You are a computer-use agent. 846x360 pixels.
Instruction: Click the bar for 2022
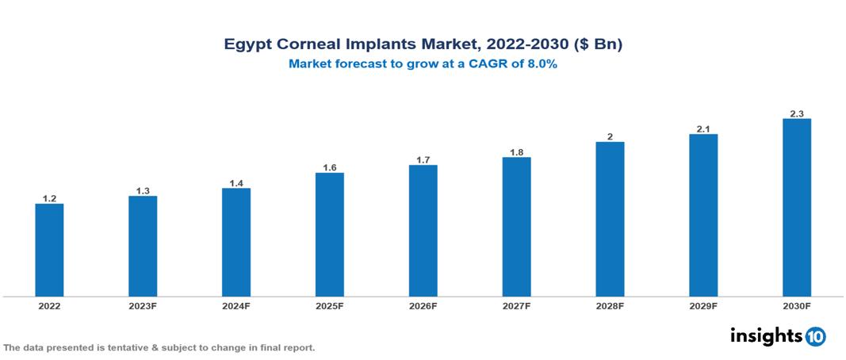click(49, 250)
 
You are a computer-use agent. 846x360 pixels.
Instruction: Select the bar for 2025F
click(329, 235)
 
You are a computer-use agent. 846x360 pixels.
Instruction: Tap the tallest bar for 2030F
click(796, 208)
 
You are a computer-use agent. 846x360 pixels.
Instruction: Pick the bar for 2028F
click(610, 220)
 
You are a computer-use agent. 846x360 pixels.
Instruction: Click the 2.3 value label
click(797, 113)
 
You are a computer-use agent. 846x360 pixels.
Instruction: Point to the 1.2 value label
click(49, 198)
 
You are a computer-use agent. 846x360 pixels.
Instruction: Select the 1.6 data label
click(330, 167)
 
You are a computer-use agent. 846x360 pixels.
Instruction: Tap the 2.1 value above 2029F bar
click(703, 128)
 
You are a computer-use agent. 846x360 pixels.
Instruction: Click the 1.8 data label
click(516, 151)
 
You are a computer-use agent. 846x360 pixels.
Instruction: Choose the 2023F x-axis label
click(143, 305)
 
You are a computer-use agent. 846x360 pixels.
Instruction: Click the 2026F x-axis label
click(423, 305)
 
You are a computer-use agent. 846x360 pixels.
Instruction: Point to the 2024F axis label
click(236, 305)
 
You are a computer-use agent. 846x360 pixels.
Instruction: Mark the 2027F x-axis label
click(516, 305)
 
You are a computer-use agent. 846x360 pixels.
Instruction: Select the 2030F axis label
click(796, 305)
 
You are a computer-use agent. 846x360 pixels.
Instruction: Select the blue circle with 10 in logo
click(815, 337)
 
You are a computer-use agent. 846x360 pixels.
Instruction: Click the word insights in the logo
click(765, 336)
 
